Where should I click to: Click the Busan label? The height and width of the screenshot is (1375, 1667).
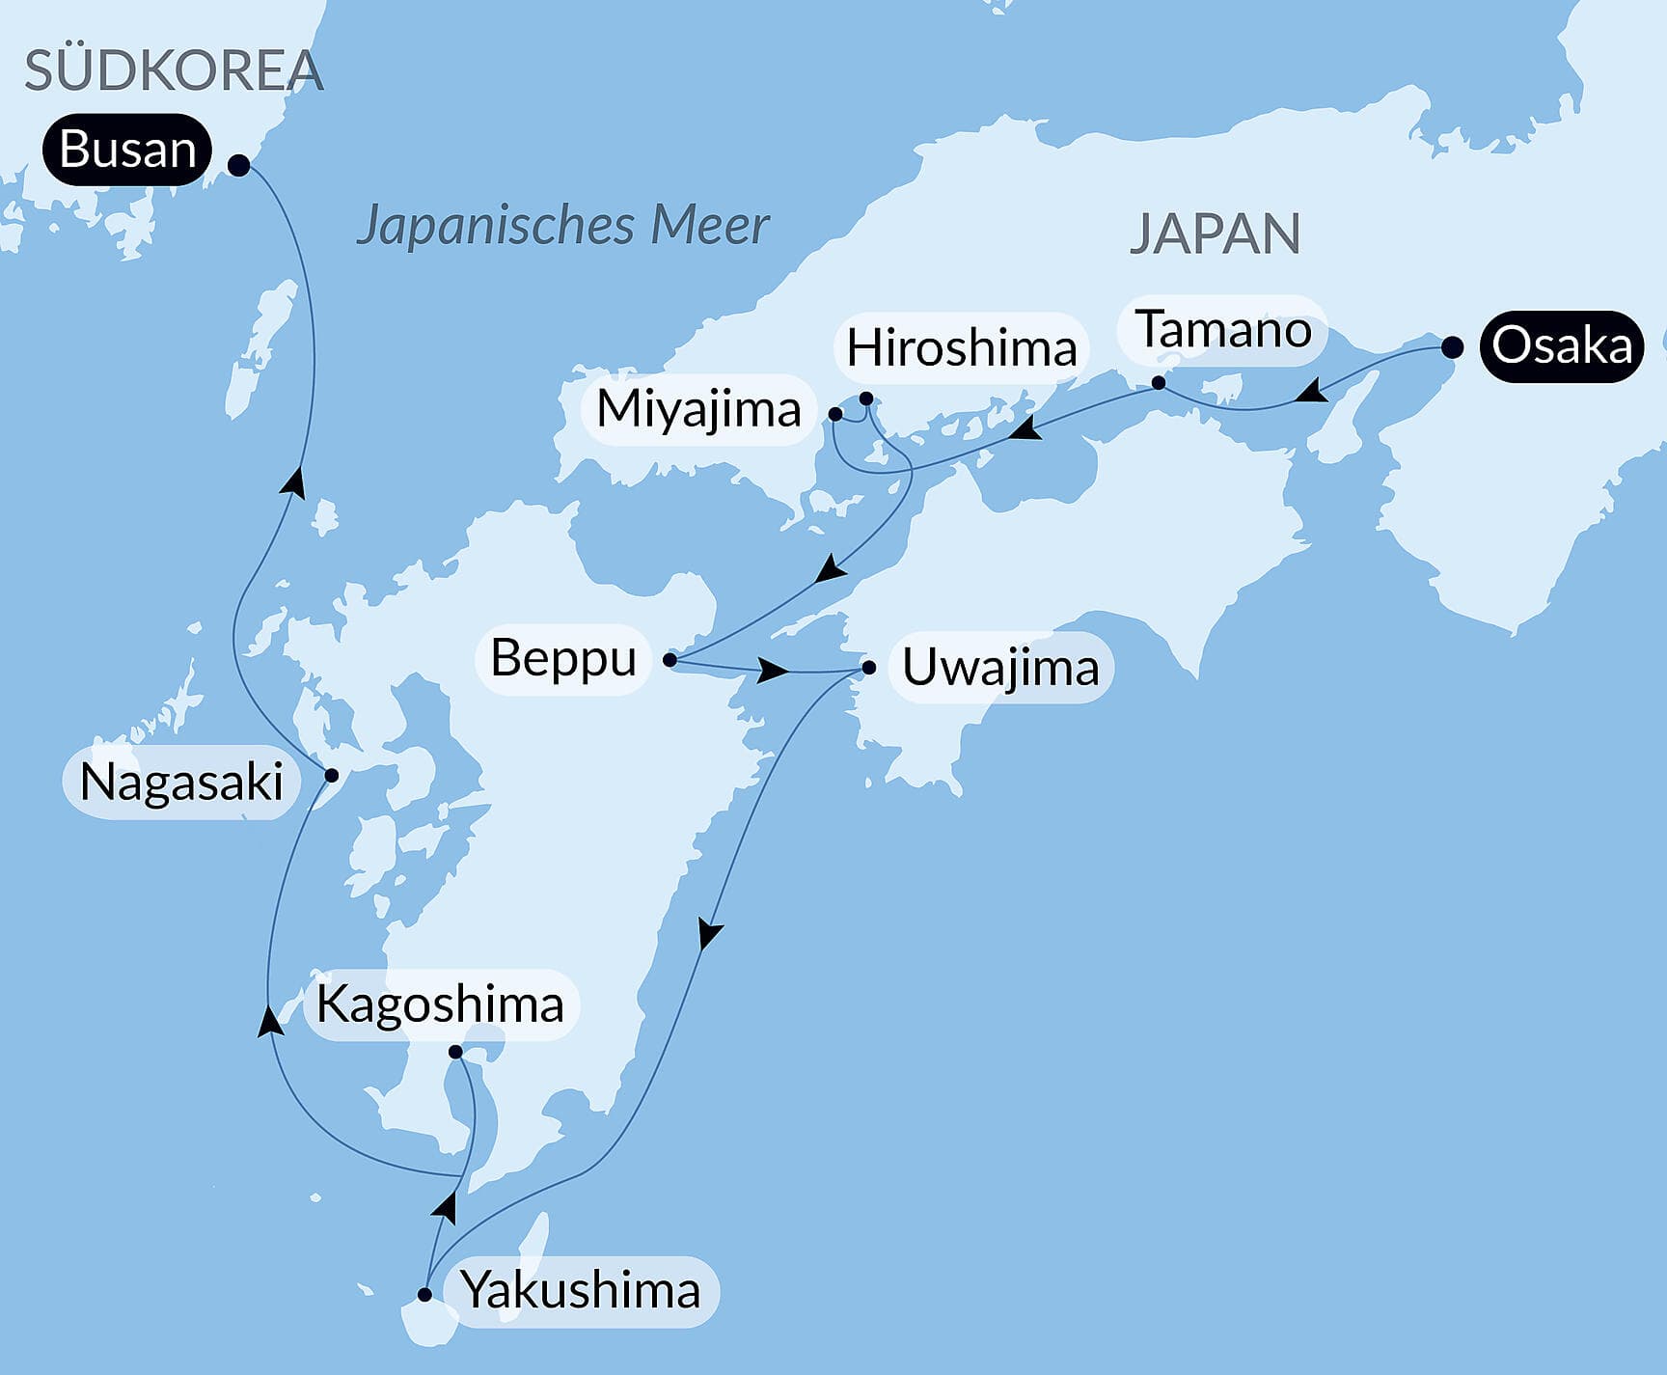click(126, 150)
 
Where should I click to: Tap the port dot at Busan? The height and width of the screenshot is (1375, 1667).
click(238, 166)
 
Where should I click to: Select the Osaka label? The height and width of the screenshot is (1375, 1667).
click(1561, 345)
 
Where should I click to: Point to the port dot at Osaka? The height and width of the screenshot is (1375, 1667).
click(1452, 347)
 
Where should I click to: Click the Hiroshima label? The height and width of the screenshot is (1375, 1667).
click(961, 347)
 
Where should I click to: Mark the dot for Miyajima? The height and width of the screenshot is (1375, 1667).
click(835, 415)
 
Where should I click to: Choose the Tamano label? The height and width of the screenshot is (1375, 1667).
click(1222, 330)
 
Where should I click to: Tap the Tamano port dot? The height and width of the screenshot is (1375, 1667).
click(1159, 383)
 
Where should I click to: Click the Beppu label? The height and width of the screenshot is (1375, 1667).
click(563, 658)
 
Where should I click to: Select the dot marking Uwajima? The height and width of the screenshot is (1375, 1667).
click(868, 667)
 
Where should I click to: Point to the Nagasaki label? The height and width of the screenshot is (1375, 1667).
click(181, 782)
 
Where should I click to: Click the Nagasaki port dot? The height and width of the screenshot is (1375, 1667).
click(331, 775)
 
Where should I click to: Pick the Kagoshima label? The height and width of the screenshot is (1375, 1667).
click(440, 1004)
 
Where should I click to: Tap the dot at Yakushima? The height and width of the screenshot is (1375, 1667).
click(424, 1295)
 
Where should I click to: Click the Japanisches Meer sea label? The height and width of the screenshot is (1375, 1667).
click(562, 226)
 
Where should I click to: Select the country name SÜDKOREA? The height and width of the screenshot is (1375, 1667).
click(174, 70)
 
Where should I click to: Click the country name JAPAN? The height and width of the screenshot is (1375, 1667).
click(1215, 234)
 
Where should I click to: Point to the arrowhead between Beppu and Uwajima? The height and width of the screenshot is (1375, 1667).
click(773, 670)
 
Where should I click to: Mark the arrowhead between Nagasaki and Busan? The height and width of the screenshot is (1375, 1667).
click(294, 481)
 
